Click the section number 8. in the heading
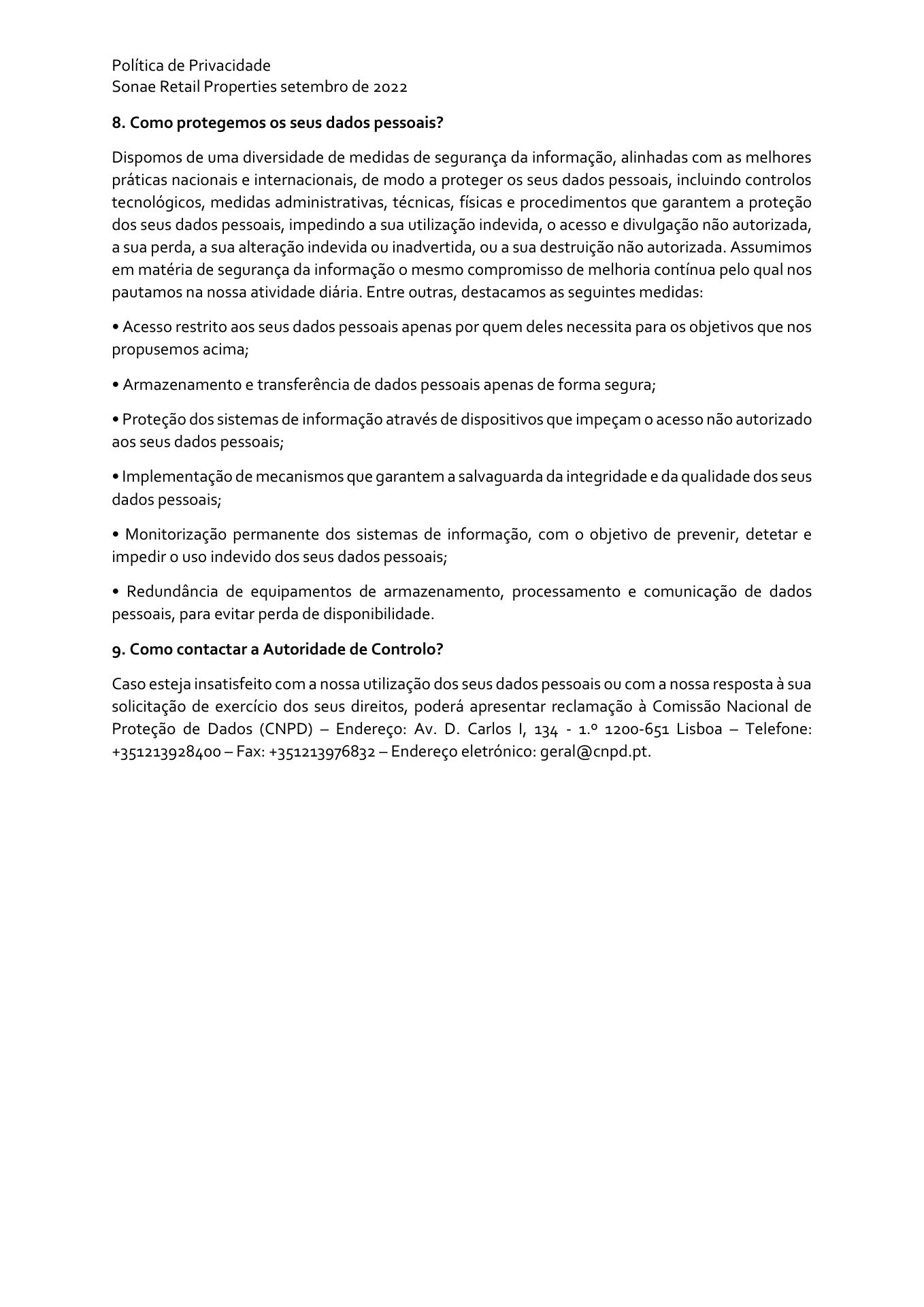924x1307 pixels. point(119,123)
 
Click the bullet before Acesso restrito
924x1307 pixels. point(116,327)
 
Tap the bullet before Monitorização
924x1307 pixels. point(116,535)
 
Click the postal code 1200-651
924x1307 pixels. point(637,729)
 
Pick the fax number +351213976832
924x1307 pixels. point(318,752)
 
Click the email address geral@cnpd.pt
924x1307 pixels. point(595,752)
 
